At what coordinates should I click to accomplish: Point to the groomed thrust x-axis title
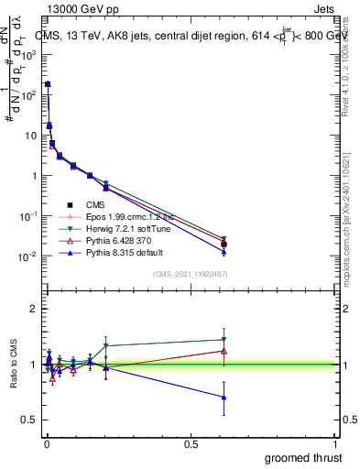303,457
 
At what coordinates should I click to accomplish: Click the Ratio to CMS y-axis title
14,365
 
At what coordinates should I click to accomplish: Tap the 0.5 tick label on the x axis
191,444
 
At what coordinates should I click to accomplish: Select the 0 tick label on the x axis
45,444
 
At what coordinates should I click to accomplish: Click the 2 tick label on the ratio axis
32,310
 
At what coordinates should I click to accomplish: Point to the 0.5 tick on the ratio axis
28,420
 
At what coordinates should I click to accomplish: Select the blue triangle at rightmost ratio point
224,397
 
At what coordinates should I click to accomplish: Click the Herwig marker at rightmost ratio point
224,339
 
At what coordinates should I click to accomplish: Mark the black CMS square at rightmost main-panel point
224,244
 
